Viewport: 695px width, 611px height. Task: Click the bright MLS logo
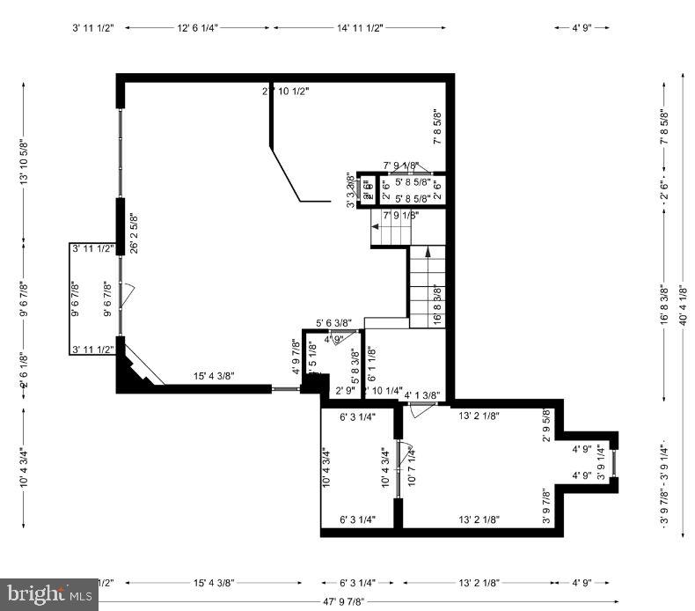[x=48, y=594]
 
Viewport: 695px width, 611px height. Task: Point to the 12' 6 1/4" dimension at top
[x=198, y=28]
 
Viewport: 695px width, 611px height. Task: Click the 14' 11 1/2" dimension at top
[x=359, y=28]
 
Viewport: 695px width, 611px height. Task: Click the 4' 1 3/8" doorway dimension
[x=421, y=395]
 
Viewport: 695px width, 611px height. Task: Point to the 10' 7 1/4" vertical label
[x=411, y=467]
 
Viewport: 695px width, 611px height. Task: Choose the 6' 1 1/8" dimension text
[x=370, y=362]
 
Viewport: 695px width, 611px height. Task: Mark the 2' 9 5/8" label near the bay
[x=546, y=425]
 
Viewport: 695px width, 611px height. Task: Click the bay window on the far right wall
[x=616, y=463]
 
